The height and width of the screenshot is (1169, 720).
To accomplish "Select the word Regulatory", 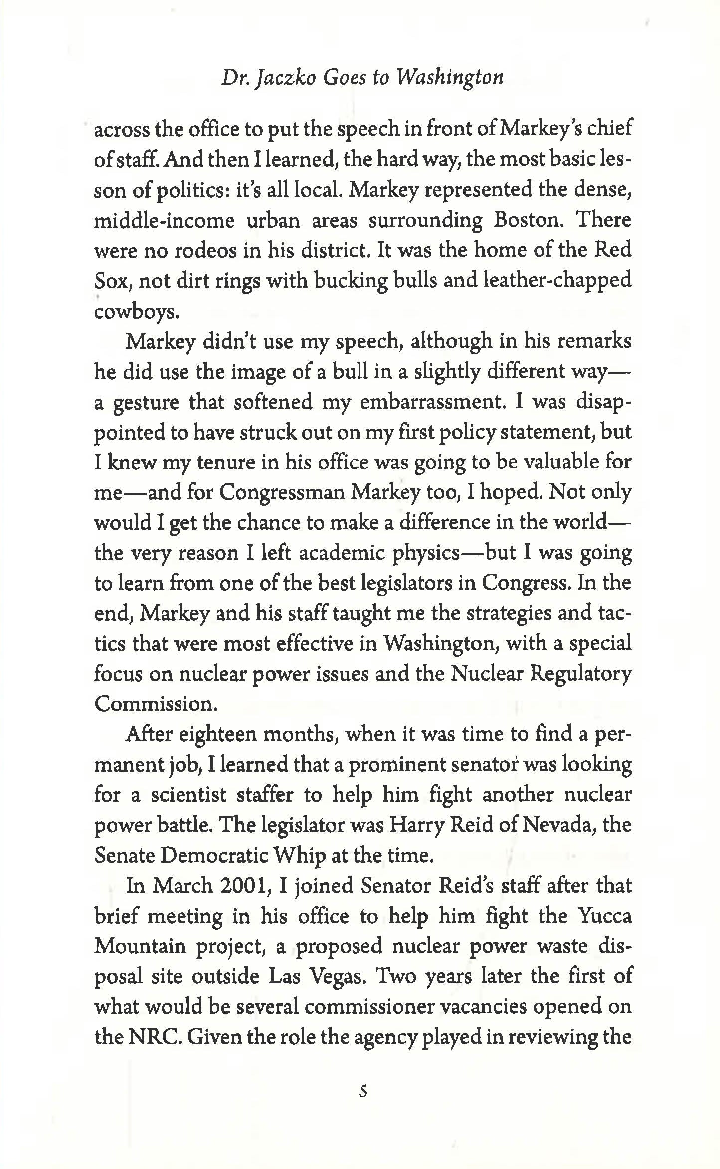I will (580, 674).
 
